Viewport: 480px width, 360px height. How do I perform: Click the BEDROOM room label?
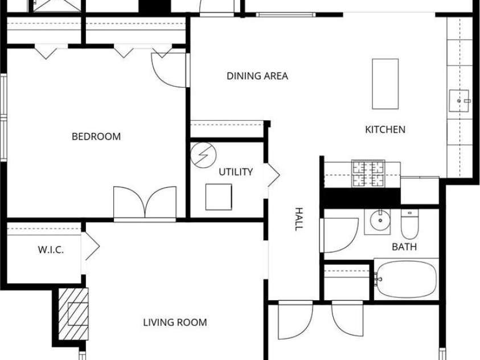tap(96, 137)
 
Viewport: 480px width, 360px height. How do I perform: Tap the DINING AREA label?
tap(257, 76)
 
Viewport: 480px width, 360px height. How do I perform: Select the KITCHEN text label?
tap(385, 129)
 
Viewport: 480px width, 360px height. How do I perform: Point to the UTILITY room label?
tap(236, 172)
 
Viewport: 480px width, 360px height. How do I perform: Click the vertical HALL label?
tap(298, 219)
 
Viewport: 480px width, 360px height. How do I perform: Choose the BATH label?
tap(404, 247)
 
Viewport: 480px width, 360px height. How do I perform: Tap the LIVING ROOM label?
tap(175, 322)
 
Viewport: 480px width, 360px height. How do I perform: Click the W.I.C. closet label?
tap(51, 250)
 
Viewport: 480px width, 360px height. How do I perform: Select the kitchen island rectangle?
tap(385, 84)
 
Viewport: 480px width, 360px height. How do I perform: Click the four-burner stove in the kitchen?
tap(368, 173)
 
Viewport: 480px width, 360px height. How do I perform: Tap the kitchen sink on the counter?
tap(459, 101)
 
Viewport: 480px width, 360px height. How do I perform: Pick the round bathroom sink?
tap(380, 220)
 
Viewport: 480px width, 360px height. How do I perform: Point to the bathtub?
tap(406, 279)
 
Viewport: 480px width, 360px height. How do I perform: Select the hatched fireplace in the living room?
tap(73, 314)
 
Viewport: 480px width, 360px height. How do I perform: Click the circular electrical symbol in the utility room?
tap(204, 155)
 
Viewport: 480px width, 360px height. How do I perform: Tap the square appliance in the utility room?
tap(219, 197)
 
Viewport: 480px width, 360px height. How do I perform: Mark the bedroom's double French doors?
tap(145, 202)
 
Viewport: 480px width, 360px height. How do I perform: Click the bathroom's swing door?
tap(339, 235)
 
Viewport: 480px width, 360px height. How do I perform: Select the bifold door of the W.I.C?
tap(91, 246)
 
